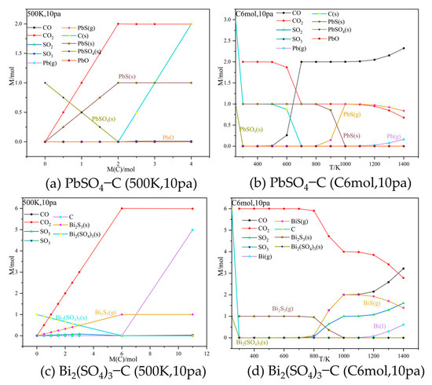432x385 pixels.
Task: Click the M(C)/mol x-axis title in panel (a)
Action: [x=119, y=163]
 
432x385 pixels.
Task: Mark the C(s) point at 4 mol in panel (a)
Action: [x=190, y=24]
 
